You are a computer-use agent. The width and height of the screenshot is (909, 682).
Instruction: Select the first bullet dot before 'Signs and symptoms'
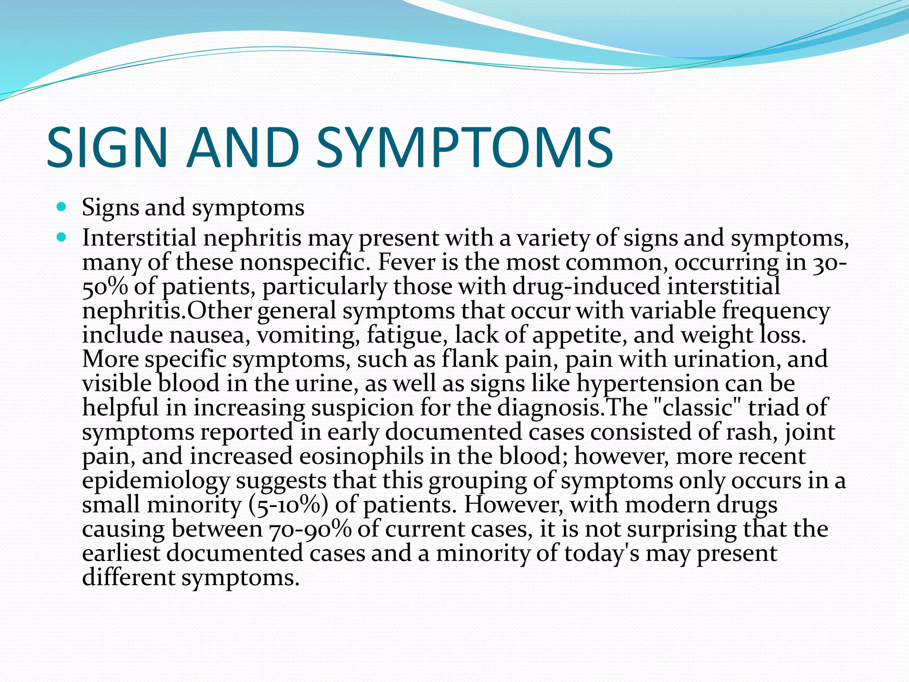tap(62, 207)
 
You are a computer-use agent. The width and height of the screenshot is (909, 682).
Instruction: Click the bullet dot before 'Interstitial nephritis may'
tap(62, 237)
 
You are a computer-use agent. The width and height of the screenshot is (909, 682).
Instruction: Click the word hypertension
tap(648, 383)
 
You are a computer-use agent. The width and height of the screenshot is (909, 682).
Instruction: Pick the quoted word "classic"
tap(698, 407)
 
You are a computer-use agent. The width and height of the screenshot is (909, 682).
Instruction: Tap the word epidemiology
tap(156, 481)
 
